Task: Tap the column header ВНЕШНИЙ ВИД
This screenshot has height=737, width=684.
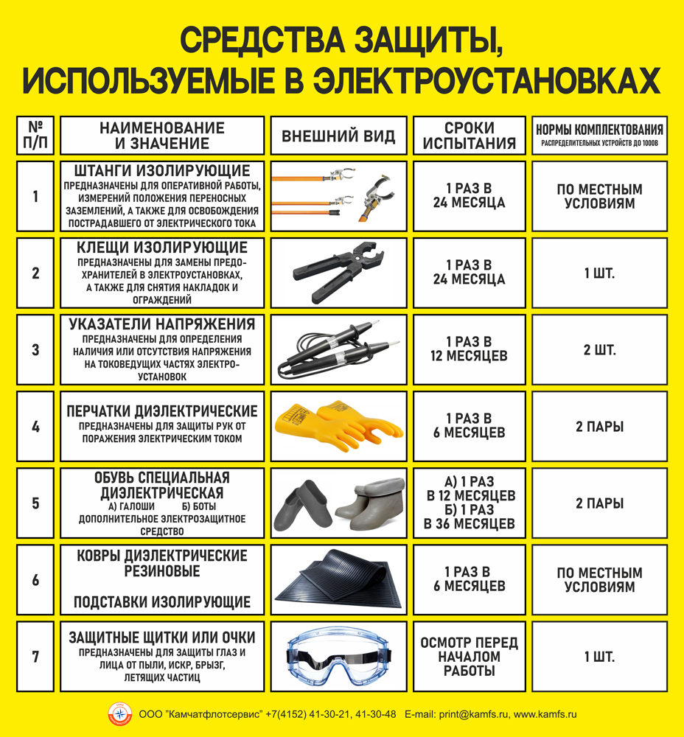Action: coord(338,136)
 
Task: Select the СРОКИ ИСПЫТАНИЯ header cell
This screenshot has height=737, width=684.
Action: coord(470,136)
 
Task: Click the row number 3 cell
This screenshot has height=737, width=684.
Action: coord(35,349)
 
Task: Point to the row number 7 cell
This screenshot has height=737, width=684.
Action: coord(35,656)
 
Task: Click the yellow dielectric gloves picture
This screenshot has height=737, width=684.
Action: coord(339,426)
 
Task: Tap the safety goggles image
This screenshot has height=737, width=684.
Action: coord(339,657)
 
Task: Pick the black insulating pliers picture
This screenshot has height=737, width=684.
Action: coord(338,273)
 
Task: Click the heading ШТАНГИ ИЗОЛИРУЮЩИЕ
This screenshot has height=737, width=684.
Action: coord(162,171)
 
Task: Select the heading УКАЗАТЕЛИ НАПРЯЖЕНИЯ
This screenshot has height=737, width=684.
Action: coord(162,324)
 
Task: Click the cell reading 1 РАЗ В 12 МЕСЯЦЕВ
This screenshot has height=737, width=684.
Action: coord(470,349)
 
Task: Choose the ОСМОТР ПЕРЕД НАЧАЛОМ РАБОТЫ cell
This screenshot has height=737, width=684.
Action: coord(470,656)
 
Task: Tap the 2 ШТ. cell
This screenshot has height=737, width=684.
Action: coord(599,349)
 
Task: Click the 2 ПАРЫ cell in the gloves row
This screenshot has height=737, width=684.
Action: coord(599,426)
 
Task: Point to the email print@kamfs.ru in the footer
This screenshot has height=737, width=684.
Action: coord(473,714)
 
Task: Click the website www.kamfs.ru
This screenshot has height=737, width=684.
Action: coord(545,714)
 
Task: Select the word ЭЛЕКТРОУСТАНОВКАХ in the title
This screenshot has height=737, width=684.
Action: coord(486,80)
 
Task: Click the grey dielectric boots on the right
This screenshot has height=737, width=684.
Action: coord(370,503)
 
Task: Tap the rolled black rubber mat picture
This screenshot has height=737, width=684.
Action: coord(339,580)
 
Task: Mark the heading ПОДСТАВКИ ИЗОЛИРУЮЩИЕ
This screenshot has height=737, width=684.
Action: coord(162,602)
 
